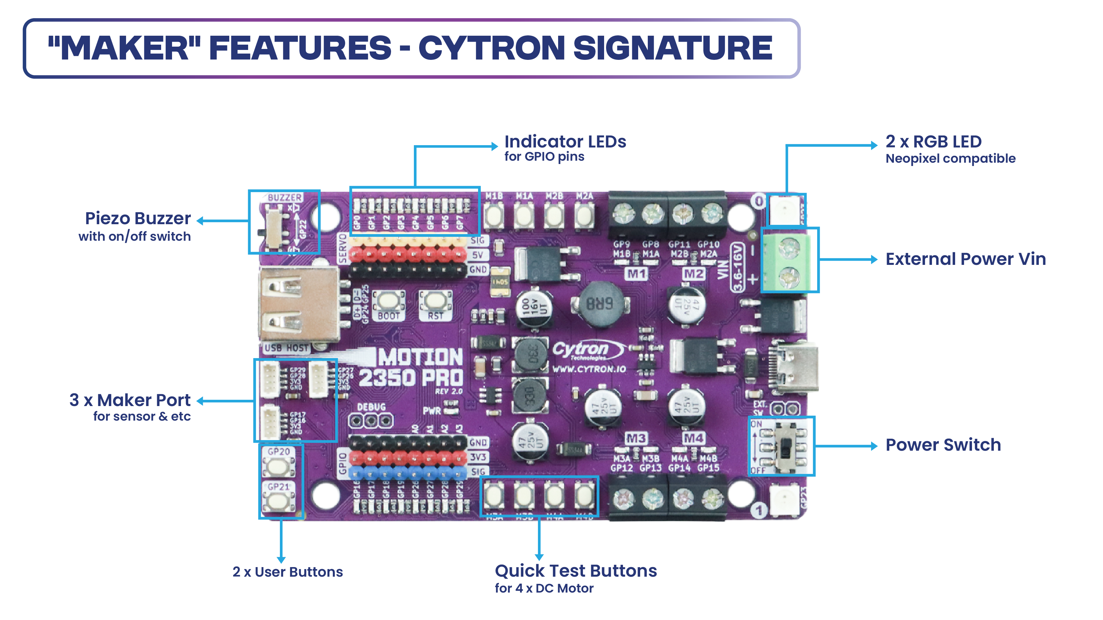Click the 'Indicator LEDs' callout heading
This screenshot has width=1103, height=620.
click(565, 142)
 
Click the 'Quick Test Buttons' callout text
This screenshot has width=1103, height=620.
click(575, 571)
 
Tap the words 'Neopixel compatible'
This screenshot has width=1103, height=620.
click(950, 159)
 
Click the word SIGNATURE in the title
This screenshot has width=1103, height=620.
click(672, 48)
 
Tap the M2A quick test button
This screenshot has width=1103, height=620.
click(584, 215)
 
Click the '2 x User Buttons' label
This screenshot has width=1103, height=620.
click(287, 572)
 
